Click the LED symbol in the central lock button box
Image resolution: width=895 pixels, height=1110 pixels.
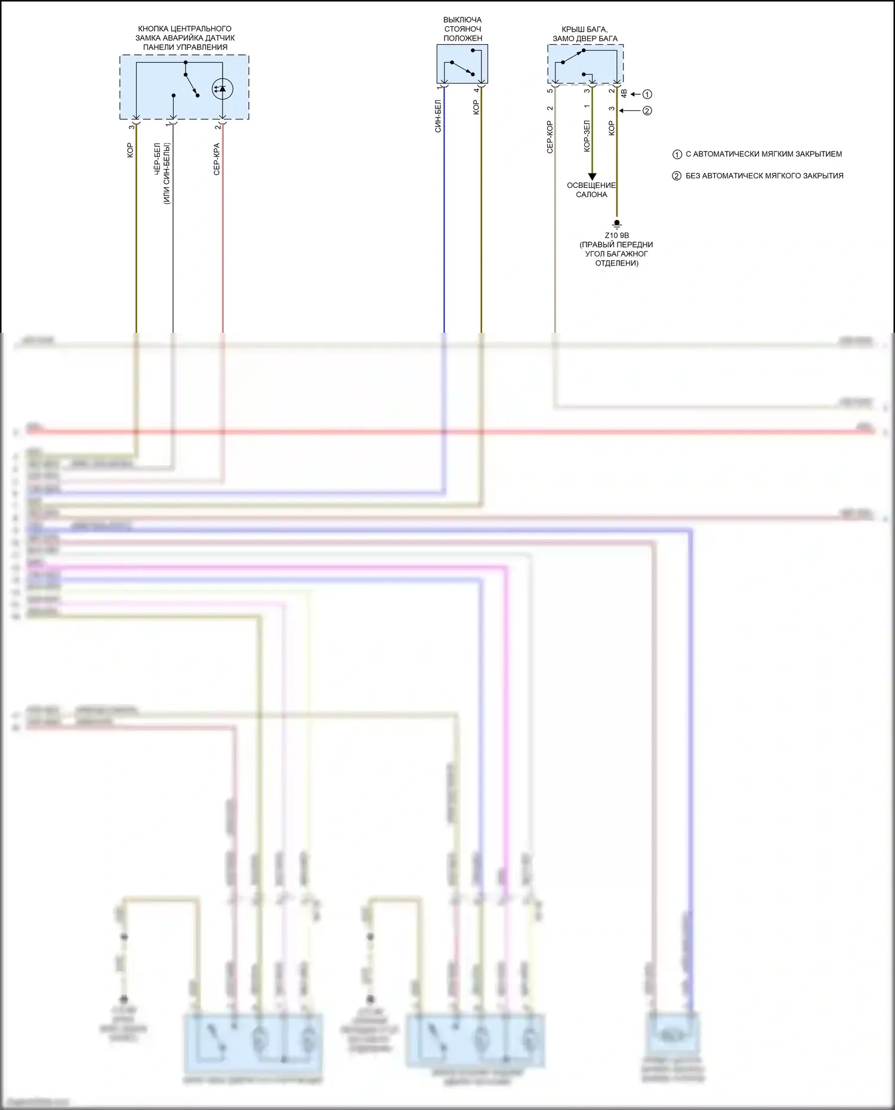[x=223, y=89]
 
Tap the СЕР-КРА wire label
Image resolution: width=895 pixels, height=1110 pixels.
[x=217, y=159]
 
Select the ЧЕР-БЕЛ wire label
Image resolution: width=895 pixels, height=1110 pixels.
[x=158, y=159]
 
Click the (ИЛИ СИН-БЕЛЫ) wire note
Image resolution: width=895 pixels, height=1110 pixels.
[x=167, y=174]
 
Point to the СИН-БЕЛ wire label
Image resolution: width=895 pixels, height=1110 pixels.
[x=438, y=116]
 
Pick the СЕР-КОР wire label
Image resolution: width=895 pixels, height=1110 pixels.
[x=550, y=137]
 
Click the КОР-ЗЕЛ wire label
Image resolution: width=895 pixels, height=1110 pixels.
[x=587, y=136]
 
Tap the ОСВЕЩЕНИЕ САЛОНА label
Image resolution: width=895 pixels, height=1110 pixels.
[x=591, y=190]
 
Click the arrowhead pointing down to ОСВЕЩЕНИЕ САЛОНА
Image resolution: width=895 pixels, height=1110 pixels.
[x=592, y=177]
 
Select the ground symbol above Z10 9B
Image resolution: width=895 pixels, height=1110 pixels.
[x=617, y=224]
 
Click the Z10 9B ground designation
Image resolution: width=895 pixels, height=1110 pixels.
[x=617, y=236]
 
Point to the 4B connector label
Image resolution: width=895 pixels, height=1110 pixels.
[x=624, y=94]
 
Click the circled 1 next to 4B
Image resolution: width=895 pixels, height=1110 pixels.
[x=647, y=94]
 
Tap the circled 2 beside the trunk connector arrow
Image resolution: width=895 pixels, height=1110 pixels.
[x=647, y=110]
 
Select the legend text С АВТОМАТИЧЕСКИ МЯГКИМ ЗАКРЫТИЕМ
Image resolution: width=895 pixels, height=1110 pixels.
[x=764, y=154]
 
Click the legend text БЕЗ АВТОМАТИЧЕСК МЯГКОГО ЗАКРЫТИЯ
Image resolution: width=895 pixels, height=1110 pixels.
[x=764, y=176]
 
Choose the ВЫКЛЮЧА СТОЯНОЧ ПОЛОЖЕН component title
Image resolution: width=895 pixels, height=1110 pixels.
[x=462, y=29]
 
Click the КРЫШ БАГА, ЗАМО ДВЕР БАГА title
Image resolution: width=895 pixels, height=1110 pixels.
[x=585, y=34]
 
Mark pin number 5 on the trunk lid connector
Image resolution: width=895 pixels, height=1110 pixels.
[x=550, y=91]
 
